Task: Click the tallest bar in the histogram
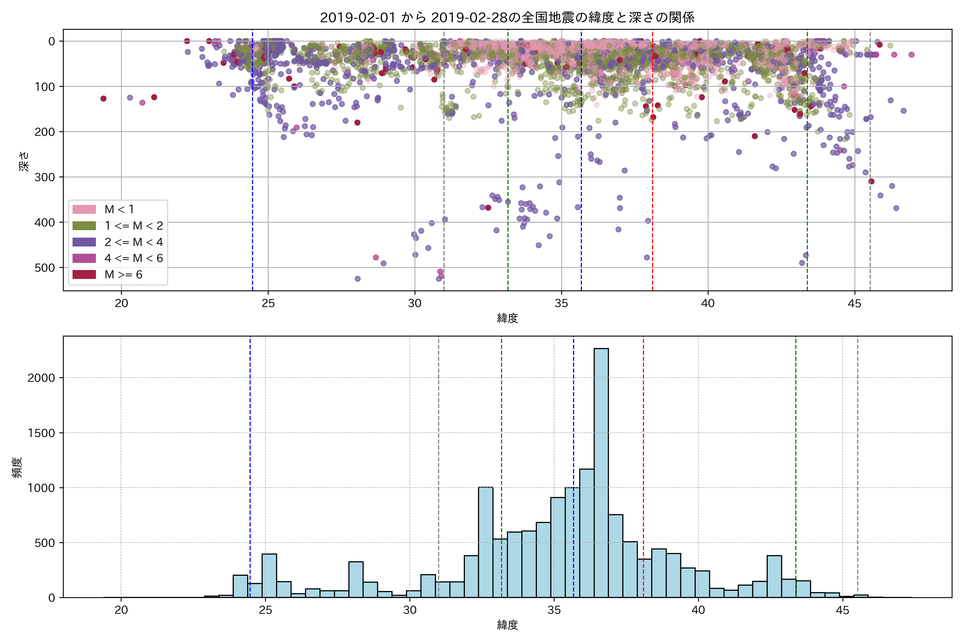[601, 472]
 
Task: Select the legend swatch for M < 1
[84, 210]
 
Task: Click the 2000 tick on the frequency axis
[41, 378]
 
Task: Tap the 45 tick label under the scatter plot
[854, 304]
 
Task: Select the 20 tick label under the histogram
[121, 610]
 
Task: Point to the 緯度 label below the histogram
[507, 625]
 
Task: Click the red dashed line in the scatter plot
[653, 164]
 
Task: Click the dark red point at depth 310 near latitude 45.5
[871, 181]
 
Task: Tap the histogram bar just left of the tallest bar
[586, 533]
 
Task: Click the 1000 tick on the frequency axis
[41, 488]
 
